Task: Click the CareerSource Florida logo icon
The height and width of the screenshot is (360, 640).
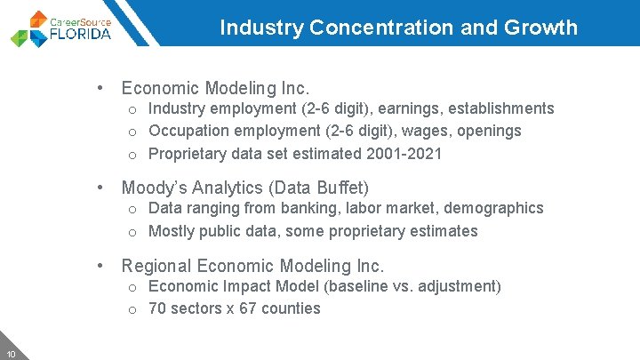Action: coord(29,29)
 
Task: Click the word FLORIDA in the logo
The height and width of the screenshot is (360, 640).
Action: coord(81,35)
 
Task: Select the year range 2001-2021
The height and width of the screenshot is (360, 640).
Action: coord(404,154)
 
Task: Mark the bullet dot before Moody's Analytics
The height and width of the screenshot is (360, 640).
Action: coord(103,188)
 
